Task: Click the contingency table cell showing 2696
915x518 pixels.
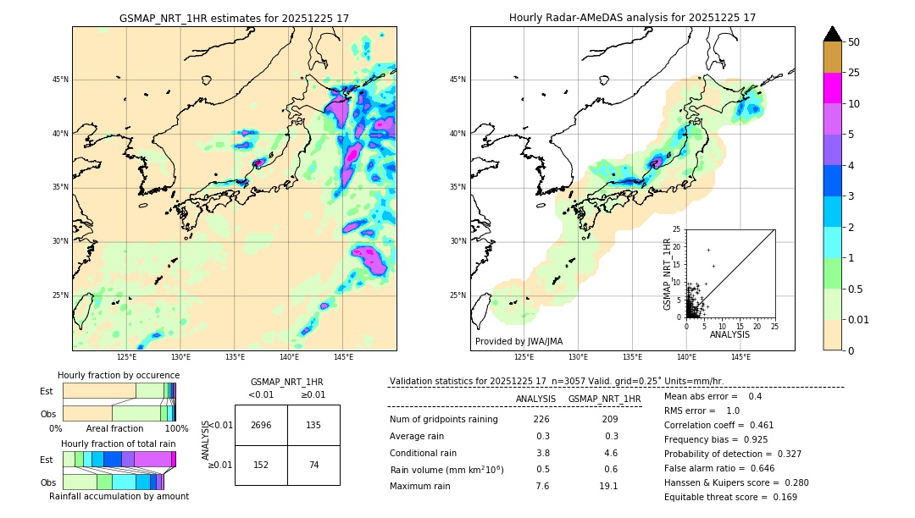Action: pos(261,425)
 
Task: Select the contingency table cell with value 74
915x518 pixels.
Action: pos(313,466)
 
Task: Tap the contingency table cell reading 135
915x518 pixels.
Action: pos(313,425)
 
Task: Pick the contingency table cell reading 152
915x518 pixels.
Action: pos(261,466)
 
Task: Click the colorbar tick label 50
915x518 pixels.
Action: pos(854,42)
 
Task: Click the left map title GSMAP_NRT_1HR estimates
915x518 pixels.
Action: pos(234,18)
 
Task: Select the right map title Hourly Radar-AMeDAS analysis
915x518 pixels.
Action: pos(632,18)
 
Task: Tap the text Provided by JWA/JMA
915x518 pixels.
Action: pos(518,341)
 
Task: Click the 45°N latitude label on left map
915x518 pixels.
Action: pos(60,80)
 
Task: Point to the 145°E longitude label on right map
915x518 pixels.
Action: pos(740,357)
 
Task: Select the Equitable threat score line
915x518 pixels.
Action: pos(730,497)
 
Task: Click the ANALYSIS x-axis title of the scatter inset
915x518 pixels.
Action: pos(730,334)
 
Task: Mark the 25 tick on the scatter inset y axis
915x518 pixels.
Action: pos(677,229)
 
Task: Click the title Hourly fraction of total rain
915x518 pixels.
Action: pos(119,444)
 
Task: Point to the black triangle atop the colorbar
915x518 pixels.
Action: pos(833,34)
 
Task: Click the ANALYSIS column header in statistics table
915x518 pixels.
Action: pos(535,399)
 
